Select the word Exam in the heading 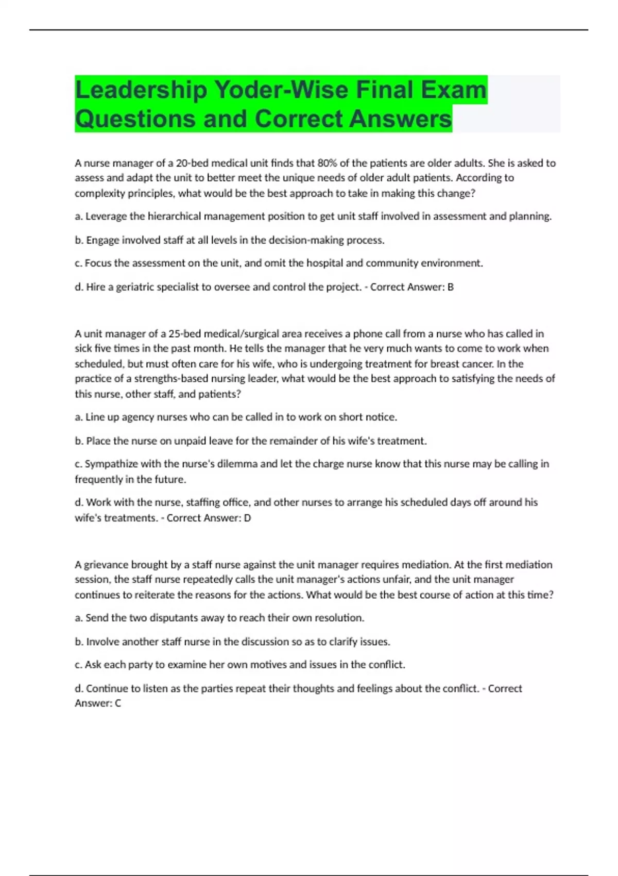click(454, 90)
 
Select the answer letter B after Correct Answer click(451, 287)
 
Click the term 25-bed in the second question click(184, 334)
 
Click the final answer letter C click(118, 703)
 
